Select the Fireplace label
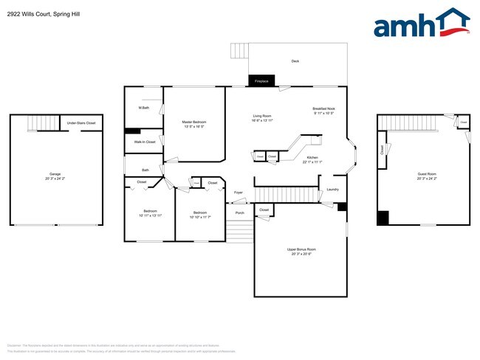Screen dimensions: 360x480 pyautogui.click(x=261, y=80)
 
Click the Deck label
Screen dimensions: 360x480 pyautogui.click(x=295, y=61)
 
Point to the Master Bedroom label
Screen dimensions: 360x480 pyautogui.click(x=194, y=122)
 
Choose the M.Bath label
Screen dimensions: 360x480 pyautogui.click(x=144, y=108)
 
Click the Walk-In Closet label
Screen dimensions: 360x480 pyautogui.click(x=145, y=142)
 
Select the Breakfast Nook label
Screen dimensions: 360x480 pyautogui.click(x=323, y=108)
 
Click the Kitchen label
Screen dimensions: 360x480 pyautogui.click(x=312, y=158)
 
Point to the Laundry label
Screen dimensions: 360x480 pyautogui.click(x=332, y=190)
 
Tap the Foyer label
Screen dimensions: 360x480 pyautogui.click(x=238, y=193)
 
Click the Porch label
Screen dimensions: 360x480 pyautogui.click(x=239, y=213)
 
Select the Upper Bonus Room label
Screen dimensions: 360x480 pyautogui.click(x=301, y=249)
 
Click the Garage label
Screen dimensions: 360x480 pyautogui.click(x=55, y=174)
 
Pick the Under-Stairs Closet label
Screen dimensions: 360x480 pyautogui.click(x=81, y=123)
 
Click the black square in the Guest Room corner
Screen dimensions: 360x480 pyautogui.click(x=383, y=218)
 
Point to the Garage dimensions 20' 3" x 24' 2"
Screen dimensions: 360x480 pyautogui.click(x=55, y=179)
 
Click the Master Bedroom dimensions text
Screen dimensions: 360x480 pyautogui.click(x=194, y=127)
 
